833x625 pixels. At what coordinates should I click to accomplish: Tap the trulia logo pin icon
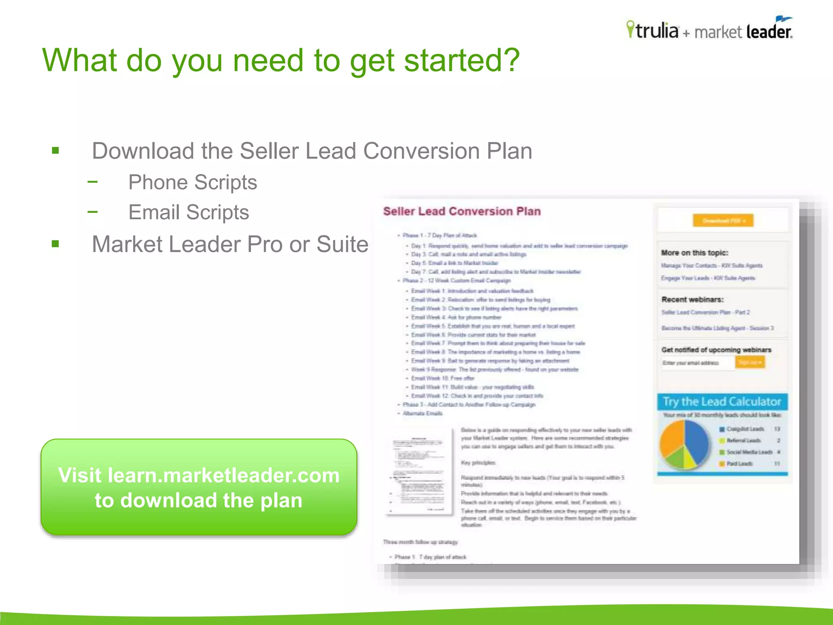click(630, 29)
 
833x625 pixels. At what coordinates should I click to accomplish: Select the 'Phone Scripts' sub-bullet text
click(192, 182)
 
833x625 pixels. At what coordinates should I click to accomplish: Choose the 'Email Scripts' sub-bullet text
click(188, 212)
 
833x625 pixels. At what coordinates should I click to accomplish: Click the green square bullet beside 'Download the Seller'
click(56, 151)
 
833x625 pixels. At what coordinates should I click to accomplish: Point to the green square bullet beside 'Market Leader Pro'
click(56, 244)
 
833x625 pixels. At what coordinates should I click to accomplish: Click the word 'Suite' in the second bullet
click(342, 244)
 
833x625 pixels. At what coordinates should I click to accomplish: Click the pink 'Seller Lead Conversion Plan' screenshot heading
click(462, 211)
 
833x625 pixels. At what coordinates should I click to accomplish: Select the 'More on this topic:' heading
click(694, 253)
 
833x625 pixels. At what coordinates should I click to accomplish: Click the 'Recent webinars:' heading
click(692, 299)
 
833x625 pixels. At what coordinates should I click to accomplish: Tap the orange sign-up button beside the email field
click(750, 362)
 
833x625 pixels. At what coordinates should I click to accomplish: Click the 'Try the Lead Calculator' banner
click(722, 402)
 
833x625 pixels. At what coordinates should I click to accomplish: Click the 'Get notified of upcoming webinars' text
click(716, 350)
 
